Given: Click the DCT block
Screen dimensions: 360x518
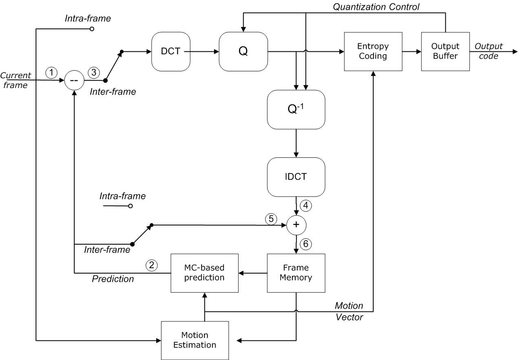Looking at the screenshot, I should pyautogui.click(x=171, y=51).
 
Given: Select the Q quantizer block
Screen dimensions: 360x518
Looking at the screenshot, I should pyautogui.click(x=243, y=51).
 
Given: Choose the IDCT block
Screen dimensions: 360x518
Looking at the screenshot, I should pyautogui.click(x=296, y=177).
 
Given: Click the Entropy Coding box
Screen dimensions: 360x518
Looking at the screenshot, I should pyautogui.click(x=372, y=51).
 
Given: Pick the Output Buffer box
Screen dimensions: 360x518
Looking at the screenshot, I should pyautogui.click(x=445, y=51).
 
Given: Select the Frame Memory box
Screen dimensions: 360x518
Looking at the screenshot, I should pyautogui.click(x=296, y=273).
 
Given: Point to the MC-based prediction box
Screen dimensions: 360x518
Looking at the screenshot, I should pyautogui.click(x=204, y=273).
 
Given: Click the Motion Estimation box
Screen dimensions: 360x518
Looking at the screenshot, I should pyautogui.click(x=195, y=340).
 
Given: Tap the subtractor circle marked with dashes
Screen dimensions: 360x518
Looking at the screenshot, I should pyautogui.click(x=74, y=81).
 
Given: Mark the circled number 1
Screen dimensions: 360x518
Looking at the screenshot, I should pyautogui.click(x=51, y=73).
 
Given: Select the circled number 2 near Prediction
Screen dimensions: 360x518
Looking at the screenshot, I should pyautogui.click(x=151, y=265).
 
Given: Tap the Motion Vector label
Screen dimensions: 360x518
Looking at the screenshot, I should pyautogui.click(x=349, y=311).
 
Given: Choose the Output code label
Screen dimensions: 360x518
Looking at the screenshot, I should pyautogui.click(x=488, y=51).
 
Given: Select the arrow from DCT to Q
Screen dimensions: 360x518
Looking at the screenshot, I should pyautogui.click(x=204, y=51).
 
